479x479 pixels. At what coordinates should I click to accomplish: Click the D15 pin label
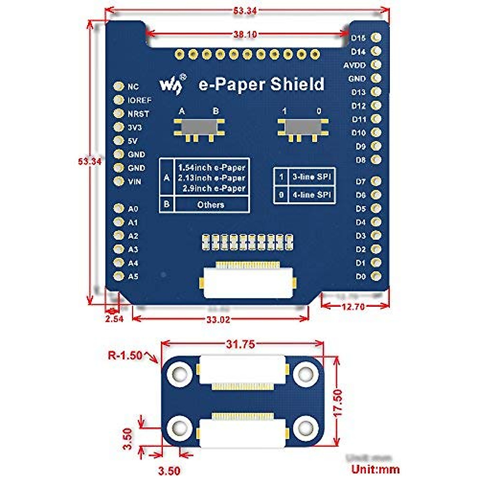pyautogui.click(x=358, y=38)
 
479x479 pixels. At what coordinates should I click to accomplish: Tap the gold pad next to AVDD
pyautogui.click(x=376, y=65)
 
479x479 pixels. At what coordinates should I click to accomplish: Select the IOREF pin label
pyautogui.click(x=139, y=100)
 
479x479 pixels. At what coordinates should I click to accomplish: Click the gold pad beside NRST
pyautogui.click(x=119, y=113)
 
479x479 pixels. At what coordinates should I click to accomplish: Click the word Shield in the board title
pyautogui.click(x=297, y=84)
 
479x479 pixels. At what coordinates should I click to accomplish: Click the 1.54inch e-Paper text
pyautogui.click(x=212, y=168)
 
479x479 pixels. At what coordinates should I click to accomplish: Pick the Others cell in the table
pyautogui.click(x=211, y=205)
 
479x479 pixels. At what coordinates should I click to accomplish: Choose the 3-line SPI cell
pyautogui.click(x=311, y=176)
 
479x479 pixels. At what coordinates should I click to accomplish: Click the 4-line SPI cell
pyautogui.click(x=311, y=195)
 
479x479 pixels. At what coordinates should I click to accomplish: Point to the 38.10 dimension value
pyautogui.click(x=245, y=34)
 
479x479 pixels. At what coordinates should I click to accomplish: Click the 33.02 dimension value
pyautogui.click(x=219, y=319)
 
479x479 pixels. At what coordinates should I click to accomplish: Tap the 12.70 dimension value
pyautogui.click(x=353, y=307)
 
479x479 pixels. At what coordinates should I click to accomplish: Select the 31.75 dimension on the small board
pyautogui.click(x=240, y=344)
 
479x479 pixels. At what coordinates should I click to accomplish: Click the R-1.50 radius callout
pyautogui.click(x=125, y=355)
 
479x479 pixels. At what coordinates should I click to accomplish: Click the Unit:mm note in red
pyautogui.click(x=375, y=469)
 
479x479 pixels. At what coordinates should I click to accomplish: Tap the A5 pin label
pyautogui.click(x=133, y=276)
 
